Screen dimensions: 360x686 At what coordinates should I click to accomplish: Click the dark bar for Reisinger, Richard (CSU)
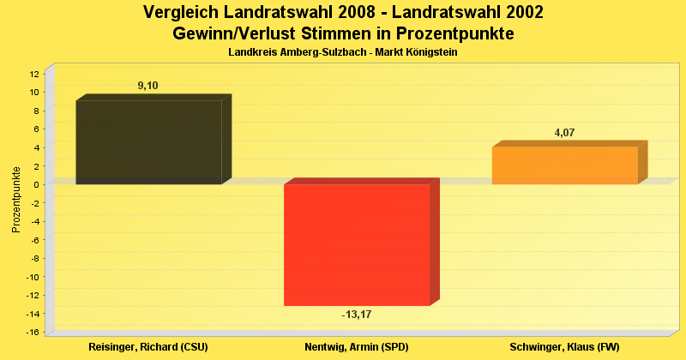(x=148, y=142)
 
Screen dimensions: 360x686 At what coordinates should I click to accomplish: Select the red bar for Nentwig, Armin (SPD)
(x=357, y=244)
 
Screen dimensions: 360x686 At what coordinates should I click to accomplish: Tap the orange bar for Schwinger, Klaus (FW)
(x=565, y=165)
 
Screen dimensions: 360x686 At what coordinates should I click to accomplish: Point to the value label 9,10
(x=147, y=86)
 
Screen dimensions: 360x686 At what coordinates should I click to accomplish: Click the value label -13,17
(x=357, y=315)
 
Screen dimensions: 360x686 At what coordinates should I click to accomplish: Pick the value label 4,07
(x=565, y=132)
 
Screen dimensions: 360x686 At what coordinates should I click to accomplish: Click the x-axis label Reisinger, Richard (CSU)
(x=148, y=347)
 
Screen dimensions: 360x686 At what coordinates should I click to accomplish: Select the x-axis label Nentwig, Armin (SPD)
(x=357, y=347)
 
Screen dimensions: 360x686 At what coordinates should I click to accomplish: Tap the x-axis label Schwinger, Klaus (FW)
(x=564, y=347)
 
